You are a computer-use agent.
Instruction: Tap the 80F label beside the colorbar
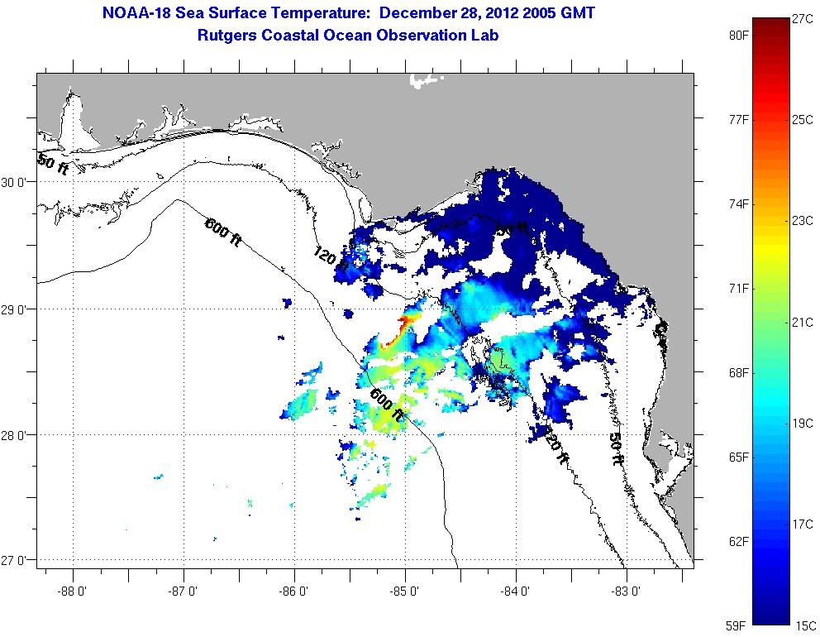tap(738, 36)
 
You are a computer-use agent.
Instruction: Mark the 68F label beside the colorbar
tap(738, 372)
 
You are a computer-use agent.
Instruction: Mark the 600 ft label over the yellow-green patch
tap(388, 404)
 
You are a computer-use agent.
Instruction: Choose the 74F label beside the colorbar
tap(738, 204)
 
